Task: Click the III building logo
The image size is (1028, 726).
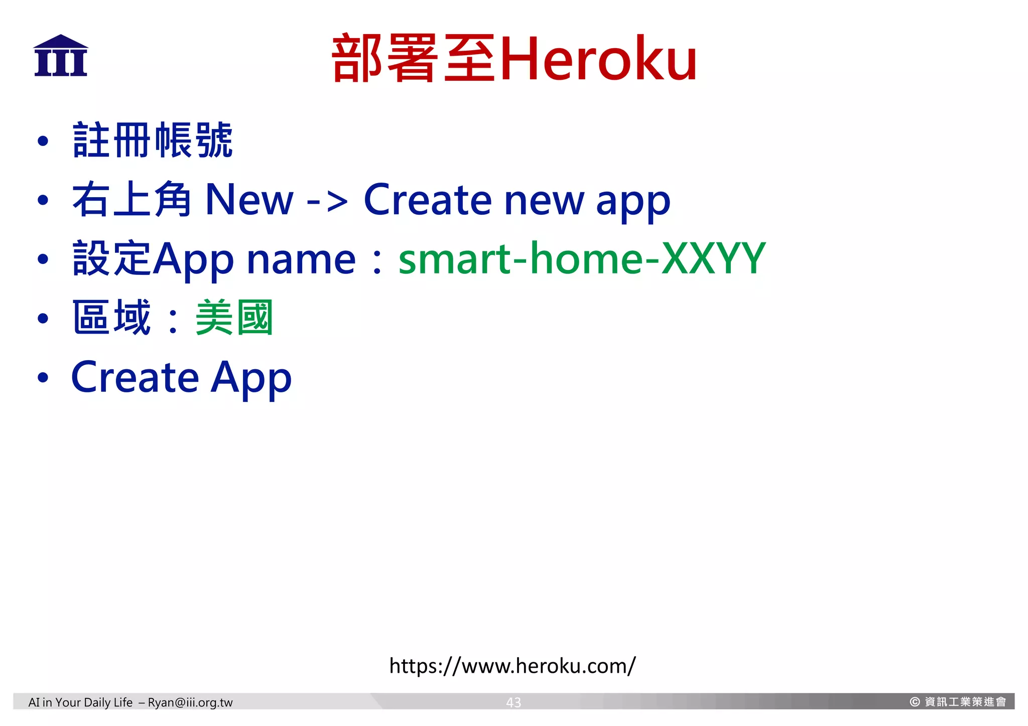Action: pyautogui.click(x=61, y=56)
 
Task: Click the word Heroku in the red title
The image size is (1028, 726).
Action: pyautogui.click(x=598, y=59)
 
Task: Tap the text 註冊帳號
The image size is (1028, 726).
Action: pyautogui.click(x=153, y=140)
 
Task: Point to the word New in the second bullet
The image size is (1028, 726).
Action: pyautogui.click(x=249, y=200)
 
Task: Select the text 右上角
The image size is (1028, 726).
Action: pyautogui.click(x=132, y=200)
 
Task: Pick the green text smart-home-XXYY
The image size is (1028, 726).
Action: pyautogui.click(x=582, y=259)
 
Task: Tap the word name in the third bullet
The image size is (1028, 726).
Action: pyautogui.click(x=301, y=260)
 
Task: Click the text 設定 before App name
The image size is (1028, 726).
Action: pyautogui.click(x=111, y=259)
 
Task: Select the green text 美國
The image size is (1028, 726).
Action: pyautogui.click(x=234, y=318)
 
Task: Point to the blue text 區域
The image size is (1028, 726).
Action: pyautogui.click(x=111, y=318)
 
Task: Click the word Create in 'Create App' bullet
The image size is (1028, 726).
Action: pyautogui.click(x=135, y=377)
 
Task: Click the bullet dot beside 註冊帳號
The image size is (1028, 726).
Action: pyautogui.click(x=43, y=141)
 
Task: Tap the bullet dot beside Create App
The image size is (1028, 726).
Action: pyautogui.click(x=43, y=378)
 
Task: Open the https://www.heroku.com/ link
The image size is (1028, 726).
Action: pyautogui.click(x=512, y=666)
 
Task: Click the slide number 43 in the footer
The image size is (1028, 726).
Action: pyautogui.click(x=513, y=702)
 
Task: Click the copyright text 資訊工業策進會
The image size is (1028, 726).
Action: pyautogui.click(x=965, y=702)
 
